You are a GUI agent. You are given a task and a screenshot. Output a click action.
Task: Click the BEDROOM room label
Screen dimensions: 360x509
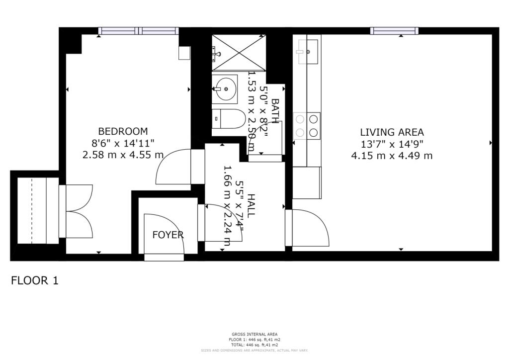pos(123,132)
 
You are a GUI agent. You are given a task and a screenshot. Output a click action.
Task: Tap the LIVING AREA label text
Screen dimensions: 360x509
pos(392,132)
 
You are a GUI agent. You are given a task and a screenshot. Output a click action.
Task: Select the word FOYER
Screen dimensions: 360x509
pos(168,235)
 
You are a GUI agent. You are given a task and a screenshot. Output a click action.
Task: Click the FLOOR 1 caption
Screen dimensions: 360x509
pos(35,280)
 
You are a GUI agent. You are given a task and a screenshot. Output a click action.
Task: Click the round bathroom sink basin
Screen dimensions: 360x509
pos(226,90)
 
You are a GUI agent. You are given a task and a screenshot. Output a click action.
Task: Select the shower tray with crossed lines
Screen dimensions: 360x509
pos(238,53)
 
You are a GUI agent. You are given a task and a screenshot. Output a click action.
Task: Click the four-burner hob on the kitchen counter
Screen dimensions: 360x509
pos(307,126)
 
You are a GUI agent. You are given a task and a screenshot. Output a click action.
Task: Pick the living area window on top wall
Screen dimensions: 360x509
pos(394,31)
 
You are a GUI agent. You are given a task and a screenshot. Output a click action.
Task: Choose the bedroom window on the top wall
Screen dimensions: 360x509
pos(138,31)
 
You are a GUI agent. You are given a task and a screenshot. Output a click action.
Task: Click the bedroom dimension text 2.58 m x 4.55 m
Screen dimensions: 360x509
pos(123,155)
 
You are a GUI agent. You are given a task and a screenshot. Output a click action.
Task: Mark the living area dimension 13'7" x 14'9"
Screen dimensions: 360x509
pos(392,144)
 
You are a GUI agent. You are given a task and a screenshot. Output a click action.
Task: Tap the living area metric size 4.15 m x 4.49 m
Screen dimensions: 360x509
pos(392,156)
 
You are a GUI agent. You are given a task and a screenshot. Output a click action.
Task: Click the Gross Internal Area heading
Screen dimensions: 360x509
pos(254,334)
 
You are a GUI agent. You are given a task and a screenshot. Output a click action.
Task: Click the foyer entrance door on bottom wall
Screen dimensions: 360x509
pos(164,257)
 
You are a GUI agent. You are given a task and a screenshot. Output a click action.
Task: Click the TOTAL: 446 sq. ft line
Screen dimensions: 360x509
pos(254,345)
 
